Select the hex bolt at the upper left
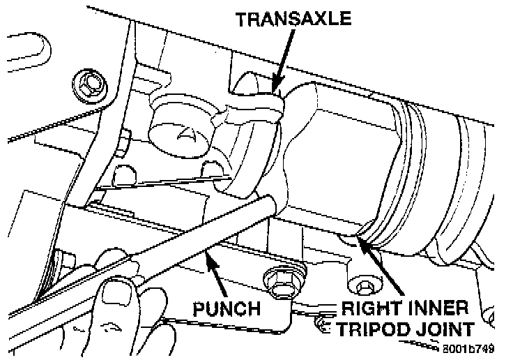88,83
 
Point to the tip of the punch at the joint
272,204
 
